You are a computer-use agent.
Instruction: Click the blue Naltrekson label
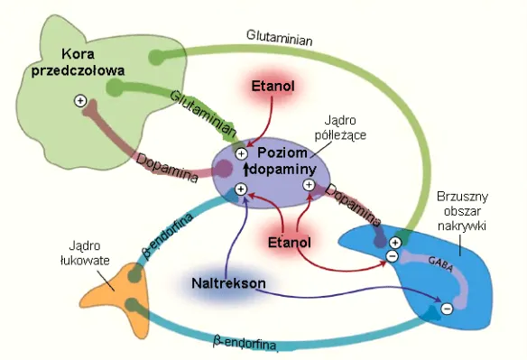(228, 283)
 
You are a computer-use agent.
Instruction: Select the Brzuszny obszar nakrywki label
(461, 210)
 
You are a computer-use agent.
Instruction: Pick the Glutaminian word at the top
(279, 35)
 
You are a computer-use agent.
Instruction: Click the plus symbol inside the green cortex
(80, 100)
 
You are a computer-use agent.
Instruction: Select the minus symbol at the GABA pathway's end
(445, 309)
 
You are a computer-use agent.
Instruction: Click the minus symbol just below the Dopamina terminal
(392, 257)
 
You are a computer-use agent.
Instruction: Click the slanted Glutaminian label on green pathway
(199, 108)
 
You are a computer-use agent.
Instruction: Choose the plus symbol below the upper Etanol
(241, 154)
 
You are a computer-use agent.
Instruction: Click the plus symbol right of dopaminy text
(309, 184)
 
